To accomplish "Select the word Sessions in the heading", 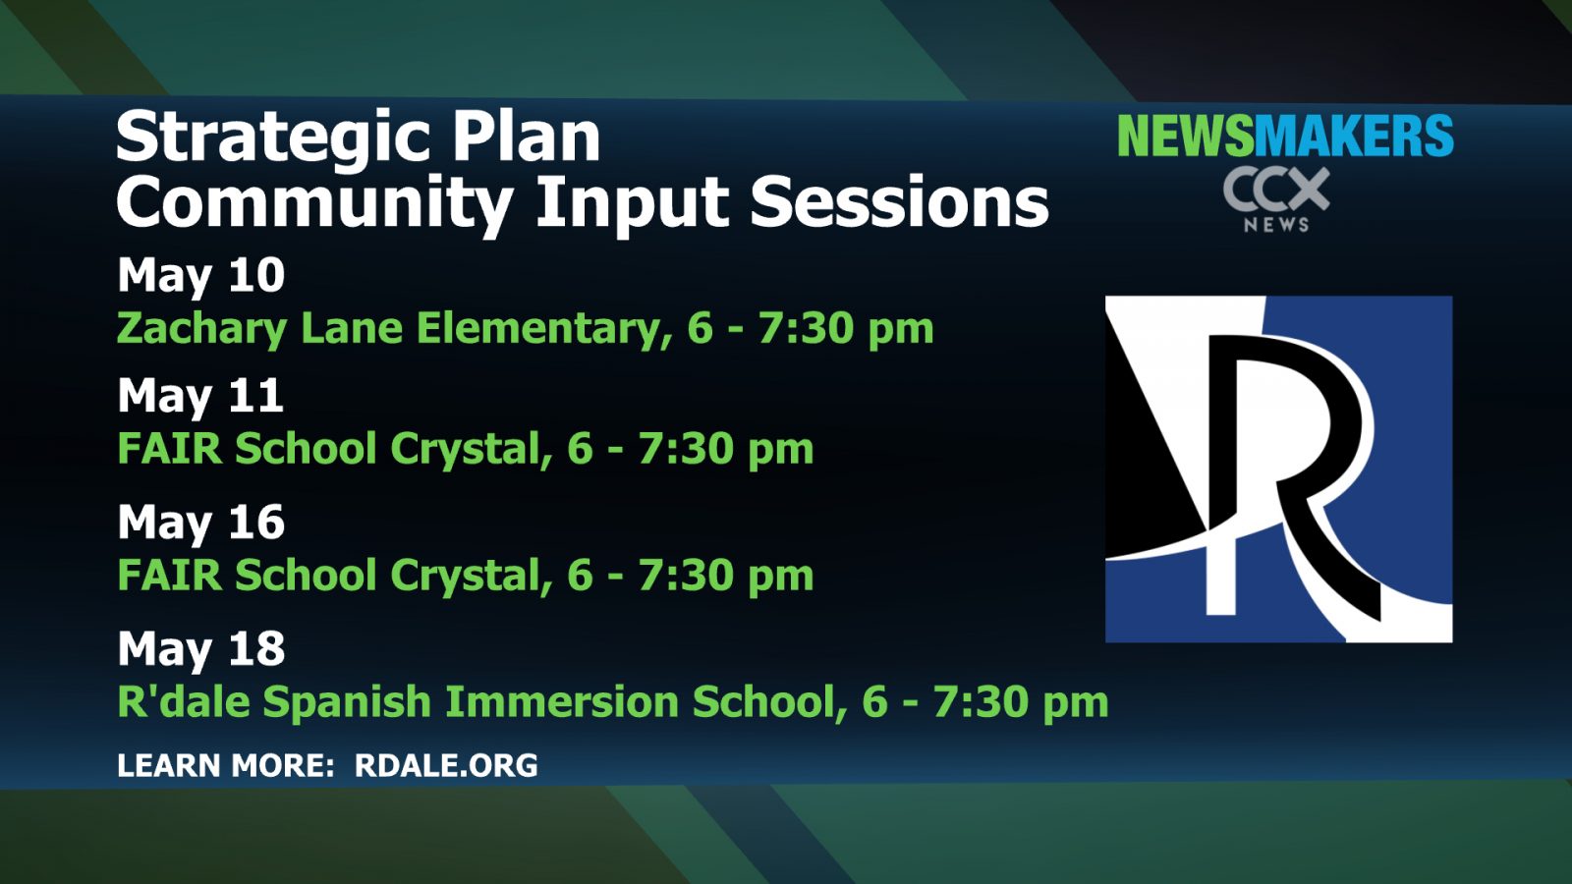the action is [900, 200].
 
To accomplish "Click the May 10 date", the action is [200, 276].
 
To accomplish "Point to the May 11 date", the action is [200, 397].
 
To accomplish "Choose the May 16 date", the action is [200, 524].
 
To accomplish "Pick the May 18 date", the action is [200, 649].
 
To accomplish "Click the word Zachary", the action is [201, 330].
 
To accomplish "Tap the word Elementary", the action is [541, 328].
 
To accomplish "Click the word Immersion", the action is [562, 701].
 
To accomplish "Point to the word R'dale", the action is [184, 700].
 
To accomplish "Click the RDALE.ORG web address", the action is [446, 765].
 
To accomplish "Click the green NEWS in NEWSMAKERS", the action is [1185, 136].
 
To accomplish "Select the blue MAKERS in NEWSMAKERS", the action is [1354, 136].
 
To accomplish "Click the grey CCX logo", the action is [1276, 189].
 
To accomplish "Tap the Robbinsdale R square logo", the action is [1278, 470].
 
